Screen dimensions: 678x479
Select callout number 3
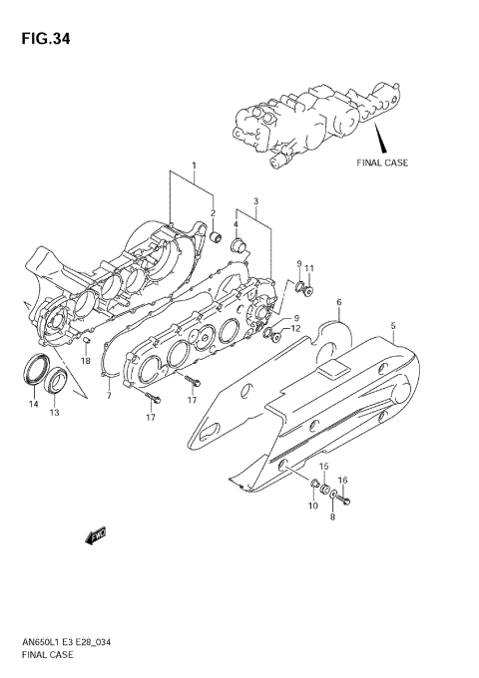[255, 202]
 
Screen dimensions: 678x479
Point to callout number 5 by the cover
[393, 326]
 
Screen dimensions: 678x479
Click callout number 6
[338, 302]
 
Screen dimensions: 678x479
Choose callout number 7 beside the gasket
[109, 397]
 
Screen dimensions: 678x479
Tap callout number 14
[32, 404]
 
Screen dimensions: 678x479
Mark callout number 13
[54, 413]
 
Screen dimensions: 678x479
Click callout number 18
[86, 360]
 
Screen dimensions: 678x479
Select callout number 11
[309, 268]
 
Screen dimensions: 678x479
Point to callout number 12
[295, 327]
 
